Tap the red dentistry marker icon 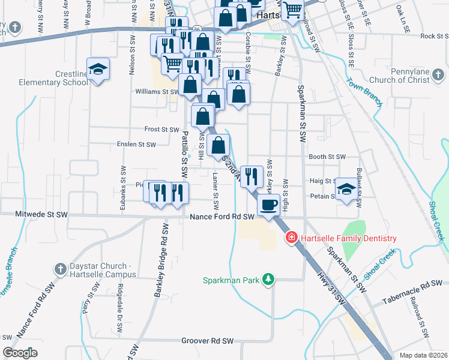[292, 238]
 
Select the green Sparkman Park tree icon [270, 280]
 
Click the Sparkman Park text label [232, 280]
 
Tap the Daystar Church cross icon [59, 269]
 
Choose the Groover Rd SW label [207, 341]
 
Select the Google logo [20, 353]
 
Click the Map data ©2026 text [423, 355]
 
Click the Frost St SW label [161, 129]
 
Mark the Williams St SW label [157, 92]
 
